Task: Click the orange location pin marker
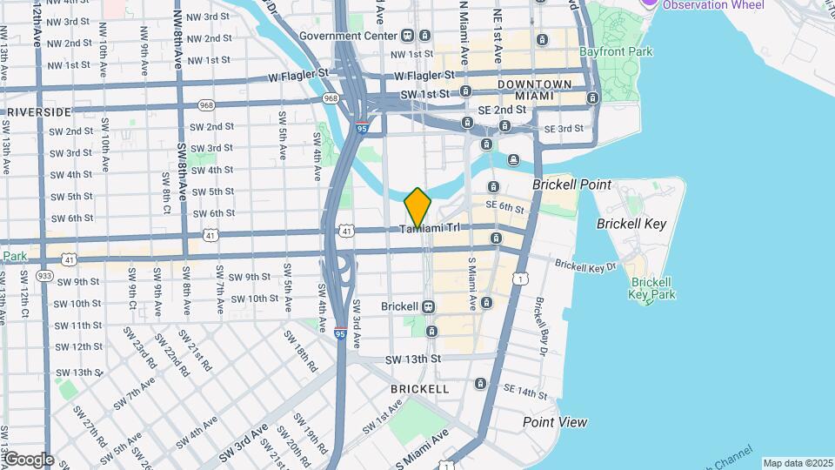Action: click(417, 208)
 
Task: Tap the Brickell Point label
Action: click(572, 185)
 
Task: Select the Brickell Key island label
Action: click(631, 224)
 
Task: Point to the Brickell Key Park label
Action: click(651, 288)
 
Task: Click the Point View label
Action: click(555, 422)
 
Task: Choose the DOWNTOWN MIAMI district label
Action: click(534, 90)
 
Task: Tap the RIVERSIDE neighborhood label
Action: click(39, 112)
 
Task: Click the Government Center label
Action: click(348, 36)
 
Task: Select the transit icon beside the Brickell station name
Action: click(428, 306)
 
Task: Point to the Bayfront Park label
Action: click(616, 52)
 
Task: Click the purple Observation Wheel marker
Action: click(649, 3)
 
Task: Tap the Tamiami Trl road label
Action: click(434, 229)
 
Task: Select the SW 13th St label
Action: click(413, 359)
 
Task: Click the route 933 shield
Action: click(45, 275)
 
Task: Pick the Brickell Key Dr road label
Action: click(584, 265)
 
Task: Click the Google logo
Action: click(29, 460)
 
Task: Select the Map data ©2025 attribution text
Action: click(797, 463)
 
